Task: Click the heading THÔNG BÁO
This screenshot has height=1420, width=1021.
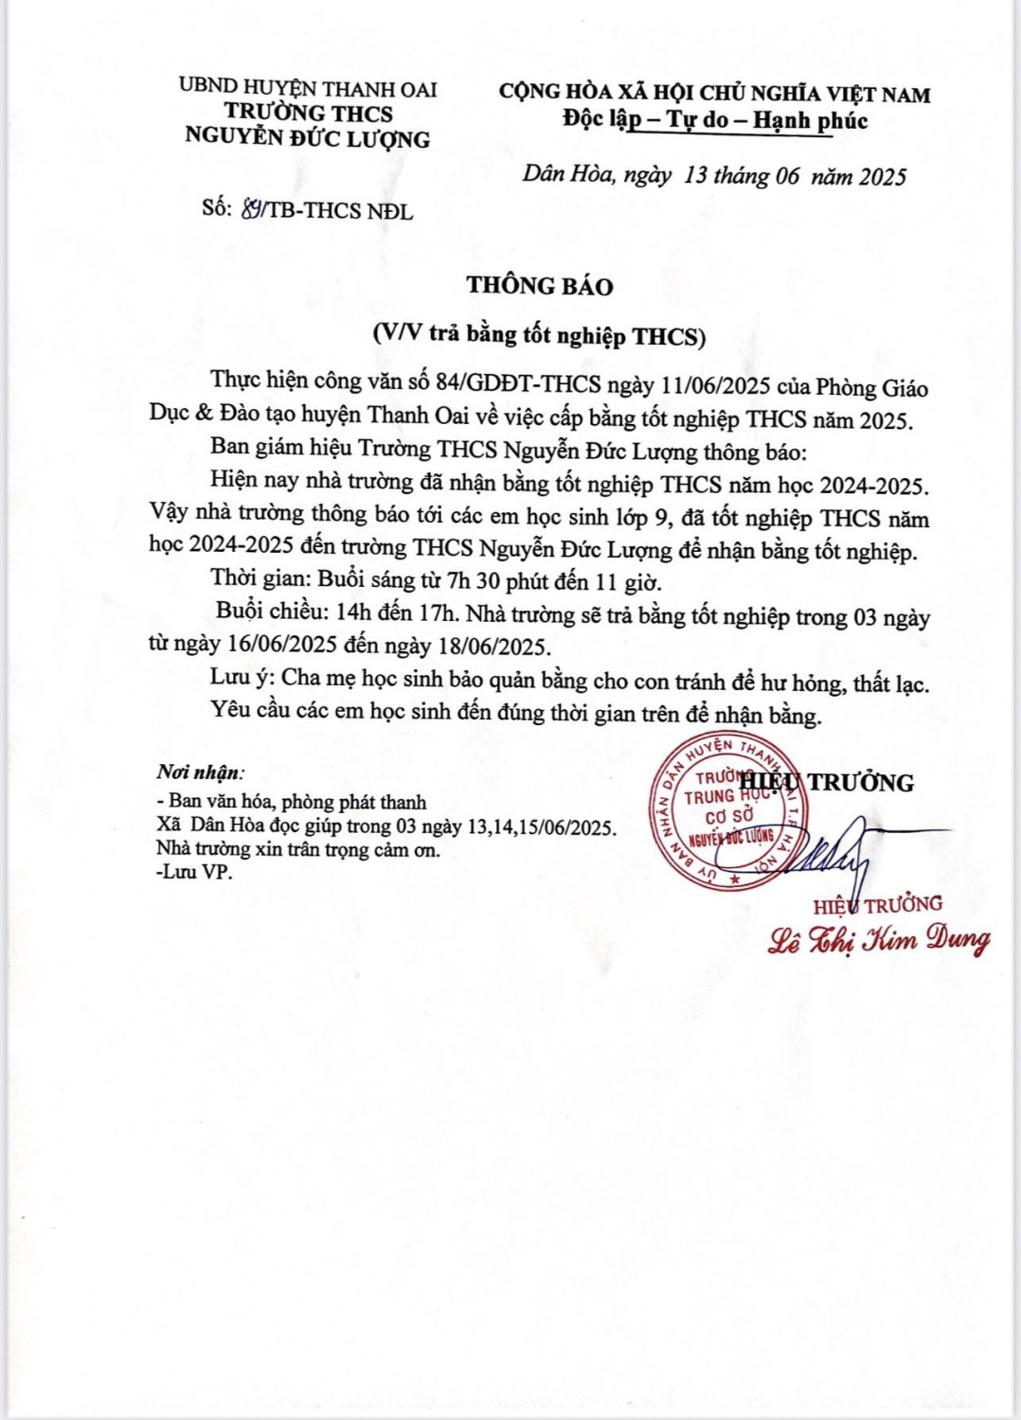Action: point(539,286)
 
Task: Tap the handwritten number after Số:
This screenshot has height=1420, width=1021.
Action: point(252,209)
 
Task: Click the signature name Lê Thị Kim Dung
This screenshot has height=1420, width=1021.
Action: point(878,940)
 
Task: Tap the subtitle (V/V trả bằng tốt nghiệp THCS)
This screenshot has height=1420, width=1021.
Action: point(539,334)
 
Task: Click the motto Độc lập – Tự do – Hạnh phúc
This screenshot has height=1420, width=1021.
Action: point(715,120)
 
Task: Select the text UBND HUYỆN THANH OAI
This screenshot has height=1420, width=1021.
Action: point(308,89)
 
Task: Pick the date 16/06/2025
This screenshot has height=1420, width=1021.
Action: point(282,646)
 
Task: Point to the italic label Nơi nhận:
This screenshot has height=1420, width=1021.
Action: point(199,772)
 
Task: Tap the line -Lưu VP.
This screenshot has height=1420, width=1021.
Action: point(194,872)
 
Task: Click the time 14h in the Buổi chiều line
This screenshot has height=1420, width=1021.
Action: point(353,612)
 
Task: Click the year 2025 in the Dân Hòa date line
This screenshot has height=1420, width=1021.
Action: point(882,177)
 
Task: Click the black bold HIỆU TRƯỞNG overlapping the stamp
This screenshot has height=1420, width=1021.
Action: point(827,783)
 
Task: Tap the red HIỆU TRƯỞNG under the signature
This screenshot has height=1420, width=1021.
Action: point(877,905)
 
